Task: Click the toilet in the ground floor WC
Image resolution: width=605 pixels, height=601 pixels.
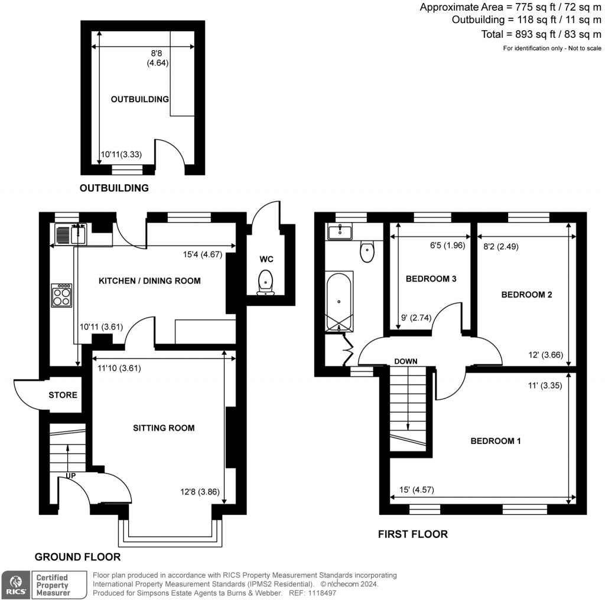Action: pos(266,282)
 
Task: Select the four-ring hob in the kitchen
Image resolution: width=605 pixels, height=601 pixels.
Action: pos(61,295)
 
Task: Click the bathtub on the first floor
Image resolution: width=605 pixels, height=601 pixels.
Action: pos(339,301)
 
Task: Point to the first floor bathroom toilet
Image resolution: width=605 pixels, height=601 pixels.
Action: pos(367,252)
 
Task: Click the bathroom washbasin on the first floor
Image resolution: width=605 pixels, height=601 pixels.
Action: pos(340,231)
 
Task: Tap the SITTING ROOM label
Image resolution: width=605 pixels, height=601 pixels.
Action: pos(164,428)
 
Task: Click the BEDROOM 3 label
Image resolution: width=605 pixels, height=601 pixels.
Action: pos(431,279)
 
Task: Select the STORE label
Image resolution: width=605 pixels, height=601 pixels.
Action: pos(63,394)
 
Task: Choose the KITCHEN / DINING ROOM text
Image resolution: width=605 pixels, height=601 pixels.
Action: pos(149,281)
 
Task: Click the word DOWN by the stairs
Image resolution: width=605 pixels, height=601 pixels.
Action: pos(406,361)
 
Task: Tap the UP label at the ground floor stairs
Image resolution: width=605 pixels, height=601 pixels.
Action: pos(70,475)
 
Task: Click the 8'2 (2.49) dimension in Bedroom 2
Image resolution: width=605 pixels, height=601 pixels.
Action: pos(501,247)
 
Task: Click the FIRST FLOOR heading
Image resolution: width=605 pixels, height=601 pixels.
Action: pos(412,534)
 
